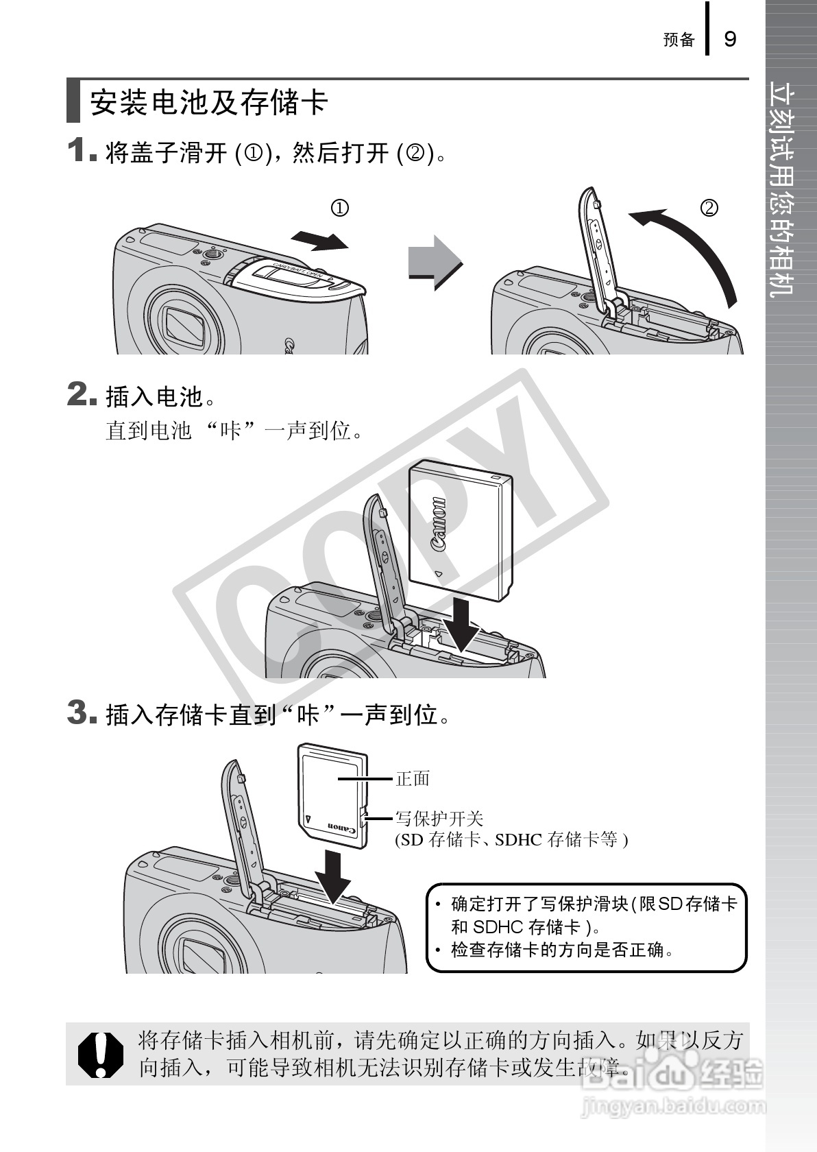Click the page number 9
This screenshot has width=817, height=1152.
pos(730,39)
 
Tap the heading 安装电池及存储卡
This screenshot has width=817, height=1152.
pos(208,102)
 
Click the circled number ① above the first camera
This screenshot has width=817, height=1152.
pos(339,208)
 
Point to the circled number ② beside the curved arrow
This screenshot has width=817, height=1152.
pos(709,208)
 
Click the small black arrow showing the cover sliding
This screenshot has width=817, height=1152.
pos(320,241)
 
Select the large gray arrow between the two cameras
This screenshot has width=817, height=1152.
pos(435,263)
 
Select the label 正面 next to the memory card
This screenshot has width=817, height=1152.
pos(413,779)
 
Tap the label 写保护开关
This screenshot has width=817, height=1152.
pos(439,818)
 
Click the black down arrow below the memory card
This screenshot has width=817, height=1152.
pos(332,876)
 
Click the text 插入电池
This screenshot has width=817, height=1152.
pos(154,396)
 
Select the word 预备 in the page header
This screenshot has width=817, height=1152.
pos(679,40)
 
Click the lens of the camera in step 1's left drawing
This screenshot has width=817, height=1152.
pos(186,326)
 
